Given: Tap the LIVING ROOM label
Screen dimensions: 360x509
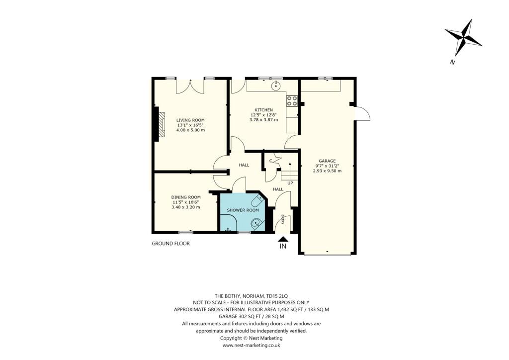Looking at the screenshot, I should pos(191,120).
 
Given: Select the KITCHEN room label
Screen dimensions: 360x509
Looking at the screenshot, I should pos(263,110).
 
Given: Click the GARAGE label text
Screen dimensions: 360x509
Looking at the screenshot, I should pos(327,161).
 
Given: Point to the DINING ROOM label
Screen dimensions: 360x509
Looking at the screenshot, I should pos(185,197).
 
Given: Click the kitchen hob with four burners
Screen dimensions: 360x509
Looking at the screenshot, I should pos(292,101).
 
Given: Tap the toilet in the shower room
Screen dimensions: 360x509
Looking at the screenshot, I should pos(257,201).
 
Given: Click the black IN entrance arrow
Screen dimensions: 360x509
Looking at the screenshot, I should pos(283,239).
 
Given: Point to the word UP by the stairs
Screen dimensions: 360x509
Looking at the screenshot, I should pos(290,183).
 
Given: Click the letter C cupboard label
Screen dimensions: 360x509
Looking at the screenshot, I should pos(271,161).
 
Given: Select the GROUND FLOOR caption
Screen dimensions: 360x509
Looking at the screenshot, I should pos(170,244).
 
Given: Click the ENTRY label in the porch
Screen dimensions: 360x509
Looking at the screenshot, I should pos(283,219).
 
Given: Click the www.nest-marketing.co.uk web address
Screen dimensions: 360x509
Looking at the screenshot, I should pos(251,345).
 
